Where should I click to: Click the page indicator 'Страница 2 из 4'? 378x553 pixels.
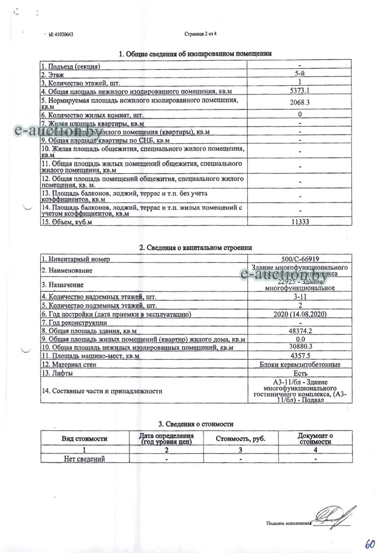200,34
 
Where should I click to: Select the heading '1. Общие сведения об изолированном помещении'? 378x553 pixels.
196,54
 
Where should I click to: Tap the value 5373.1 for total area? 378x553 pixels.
300,91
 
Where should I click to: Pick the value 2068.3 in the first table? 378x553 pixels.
300,102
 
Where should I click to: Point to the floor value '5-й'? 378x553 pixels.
300,74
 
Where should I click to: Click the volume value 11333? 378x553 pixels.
300,222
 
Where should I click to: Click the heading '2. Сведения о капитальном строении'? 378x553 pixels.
196,248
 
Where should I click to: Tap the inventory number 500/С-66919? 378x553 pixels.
300,259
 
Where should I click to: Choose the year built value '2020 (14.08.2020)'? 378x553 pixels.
300,314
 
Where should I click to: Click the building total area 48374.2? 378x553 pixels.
300,331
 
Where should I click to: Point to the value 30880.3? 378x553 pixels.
300,347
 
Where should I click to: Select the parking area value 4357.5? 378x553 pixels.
300,356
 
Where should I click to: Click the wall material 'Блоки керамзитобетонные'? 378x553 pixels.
300,364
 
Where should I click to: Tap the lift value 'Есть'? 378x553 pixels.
300,373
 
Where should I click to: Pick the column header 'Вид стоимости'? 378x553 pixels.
84,438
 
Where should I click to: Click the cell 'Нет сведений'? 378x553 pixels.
84,459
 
